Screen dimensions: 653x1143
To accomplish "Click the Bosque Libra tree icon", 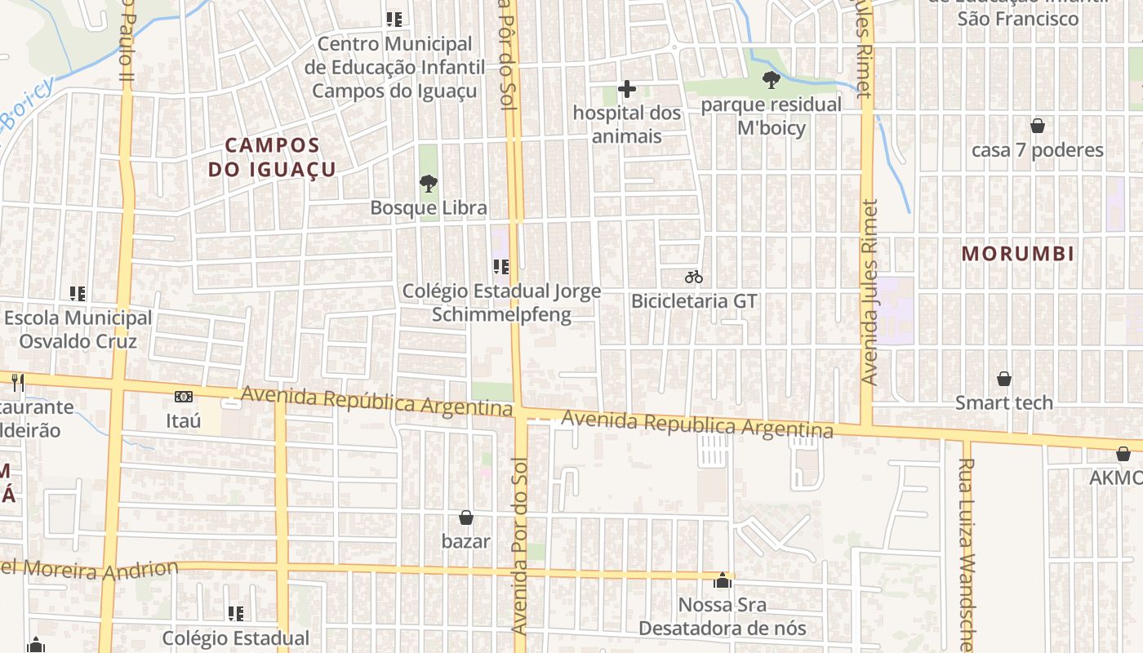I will point(427,183).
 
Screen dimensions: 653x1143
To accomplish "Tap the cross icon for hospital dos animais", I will point(627,88).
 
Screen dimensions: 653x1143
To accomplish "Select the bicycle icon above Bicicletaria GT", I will point(694,277).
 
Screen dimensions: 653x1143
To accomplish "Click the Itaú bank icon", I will point(184,397).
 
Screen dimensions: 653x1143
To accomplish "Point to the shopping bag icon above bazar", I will point(466,517).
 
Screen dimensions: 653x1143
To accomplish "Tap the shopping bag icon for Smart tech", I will point(1004,379).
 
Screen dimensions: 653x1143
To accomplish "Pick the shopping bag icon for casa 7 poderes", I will point(1038,126).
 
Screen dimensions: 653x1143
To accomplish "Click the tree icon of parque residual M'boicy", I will point(771,80).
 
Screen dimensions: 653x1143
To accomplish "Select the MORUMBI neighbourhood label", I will point(1017,253).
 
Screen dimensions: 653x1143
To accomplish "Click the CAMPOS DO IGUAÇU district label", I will point(272,157).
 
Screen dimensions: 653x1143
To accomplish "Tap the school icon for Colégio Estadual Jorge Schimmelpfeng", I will point(501,266).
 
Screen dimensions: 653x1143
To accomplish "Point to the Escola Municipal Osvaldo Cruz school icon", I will point(78,293).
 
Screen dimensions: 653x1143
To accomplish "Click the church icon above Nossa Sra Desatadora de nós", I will point(722,580).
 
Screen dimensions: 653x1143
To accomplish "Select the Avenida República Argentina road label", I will point(376,402).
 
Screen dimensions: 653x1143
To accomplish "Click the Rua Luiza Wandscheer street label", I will point(967,555).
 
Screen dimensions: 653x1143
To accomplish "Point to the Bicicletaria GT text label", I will point(694,301).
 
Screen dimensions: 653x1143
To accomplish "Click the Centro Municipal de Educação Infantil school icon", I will point(394,19).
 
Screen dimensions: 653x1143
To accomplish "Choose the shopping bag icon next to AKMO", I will point(1123,454).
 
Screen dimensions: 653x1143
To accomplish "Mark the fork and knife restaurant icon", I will point(17,381).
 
